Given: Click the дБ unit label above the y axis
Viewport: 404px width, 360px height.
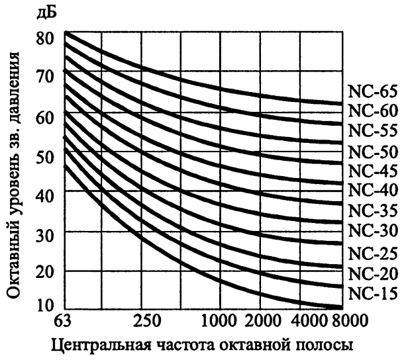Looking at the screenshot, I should (47, 13).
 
